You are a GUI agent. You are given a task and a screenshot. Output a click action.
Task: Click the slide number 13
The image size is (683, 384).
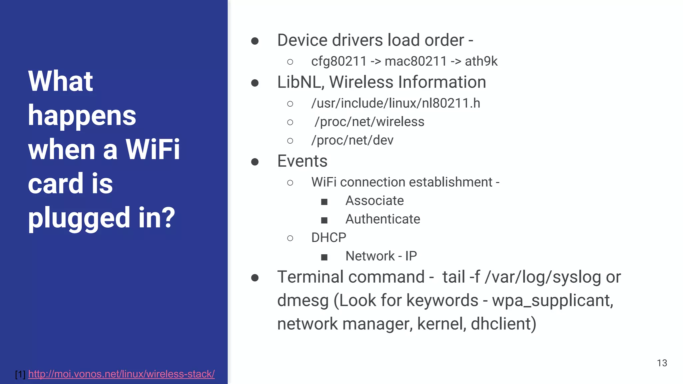(x=662, y=363)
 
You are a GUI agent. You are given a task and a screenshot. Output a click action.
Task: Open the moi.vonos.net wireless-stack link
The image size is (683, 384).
(x=121, y=374)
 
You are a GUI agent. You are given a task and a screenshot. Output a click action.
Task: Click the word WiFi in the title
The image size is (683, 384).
(x=153, y=149)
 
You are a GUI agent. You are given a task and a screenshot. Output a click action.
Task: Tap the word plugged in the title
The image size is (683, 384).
(x=79, y=218)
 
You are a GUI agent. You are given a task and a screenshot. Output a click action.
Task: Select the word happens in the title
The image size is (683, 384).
(x=82, y=115)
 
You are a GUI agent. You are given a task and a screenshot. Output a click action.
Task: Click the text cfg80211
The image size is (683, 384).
(x=339, y=61)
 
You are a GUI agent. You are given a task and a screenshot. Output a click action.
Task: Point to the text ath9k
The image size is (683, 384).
(x=481, y=61)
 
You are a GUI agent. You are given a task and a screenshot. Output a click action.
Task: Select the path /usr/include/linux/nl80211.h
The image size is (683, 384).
(x=396, y=103)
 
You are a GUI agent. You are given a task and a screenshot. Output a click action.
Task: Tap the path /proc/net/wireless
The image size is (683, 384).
(x=369, y=122)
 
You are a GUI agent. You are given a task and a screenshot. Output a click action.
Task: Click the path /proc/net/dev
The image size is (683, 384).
(x=352, y=140)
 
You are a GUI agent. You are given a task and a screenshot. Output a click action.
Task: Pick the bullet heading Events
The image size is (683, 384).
(x=302, y=161)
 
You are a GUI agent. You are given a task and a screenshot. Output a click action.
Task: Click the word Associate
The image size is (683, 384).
(x=375, y=201)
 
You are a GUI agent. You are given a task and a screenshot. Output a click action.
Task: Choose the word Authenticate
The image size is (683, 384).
(x=383, y=219)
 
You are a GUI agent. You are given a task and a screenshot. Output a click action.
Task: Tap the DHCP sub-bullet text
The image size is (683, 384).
(x=328, y=238)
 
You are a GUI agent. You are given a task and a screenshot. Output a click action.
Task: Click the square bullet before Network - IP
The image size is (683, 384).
(x=324, y=257)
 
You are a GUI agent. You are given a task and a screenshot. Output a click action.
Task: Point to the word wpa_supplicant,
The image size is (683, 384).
(x=552, y=301)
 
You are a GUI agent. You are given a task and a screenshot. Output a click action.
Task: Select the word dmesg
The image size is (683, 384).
(x=302, y=301)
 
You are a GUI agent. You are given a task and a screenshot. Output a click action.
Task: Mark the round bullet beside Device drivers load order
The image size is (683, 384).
(x=255, y=41)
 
